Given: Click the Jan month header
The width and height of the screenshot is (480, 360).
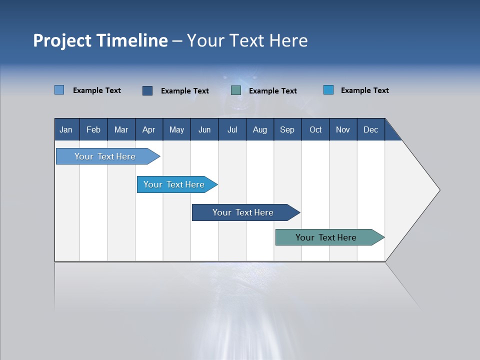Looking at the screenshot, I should click(66, 129).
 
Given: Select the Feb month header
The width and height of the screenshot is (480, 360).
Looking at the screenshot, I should click(93, 129).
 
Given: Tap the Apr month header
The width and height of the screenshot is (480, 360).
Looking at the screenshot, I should click(149, 129).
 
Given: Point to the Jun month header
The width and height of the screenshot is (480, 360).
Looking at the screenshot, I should click(204, 129).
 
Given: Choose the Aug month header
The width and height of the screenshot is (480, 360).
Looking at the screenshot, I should click(260, 129).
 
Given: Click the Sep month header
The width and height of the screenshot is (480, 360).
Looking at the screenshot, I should click(287, 129).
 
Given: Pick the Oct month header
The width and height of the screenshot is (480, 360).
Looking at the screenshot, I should click(315, 129).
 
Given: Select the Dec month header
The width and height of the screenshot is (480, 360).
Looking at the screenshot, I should click(371, 129).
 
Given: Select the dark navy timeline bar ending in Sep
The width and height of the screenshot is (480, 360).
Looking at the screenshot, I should click(243, 212).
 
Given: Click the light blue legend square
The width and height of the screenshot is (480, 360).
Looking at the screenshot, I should click(59, 90).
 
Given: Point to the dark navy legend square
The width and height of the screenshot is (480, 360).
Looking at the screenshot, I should click(147, 90).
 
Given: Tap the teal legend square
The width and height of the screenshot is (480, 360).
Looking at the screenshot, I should click(236, 90).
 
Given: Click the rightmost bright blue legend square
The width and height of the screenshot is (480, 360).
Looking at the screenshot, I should click(328, 90).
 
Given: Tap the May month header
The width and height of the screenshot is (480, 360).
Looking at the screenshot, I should click(176, 129).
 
